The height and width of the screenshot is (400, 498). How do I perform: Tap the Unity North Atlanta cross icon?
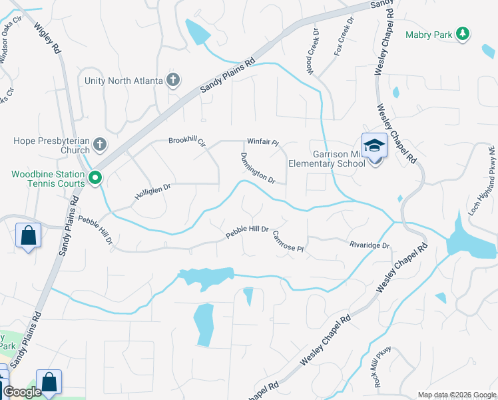click(173, 81)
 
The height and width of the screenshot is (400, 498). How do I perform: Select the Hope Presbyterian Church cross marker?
click(100, 144)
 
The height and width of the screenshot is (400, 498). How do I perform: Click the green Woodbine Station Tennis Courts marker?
click(95, 178)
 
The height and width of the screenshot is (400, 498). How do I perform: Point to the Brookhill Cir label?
click(187, 142)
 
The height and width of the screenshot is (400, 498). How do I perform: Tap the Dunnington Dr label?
click(257, 167)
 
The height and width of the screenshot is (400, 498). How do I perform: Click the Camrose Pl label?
click(288, 243)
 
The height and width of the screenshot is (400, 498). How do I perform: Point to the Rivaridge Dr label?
click(370, 245)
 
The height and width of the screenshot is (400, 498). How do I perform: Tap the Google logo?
click(22, 393)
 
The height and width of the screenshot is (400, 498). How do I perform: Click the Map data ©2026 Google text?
click(457, 395)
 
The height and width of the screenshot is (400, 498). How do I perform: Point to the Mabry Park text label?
click(429, 35)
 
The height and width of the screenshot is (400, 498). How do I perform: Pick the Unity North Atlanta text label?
click(124, 81)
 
